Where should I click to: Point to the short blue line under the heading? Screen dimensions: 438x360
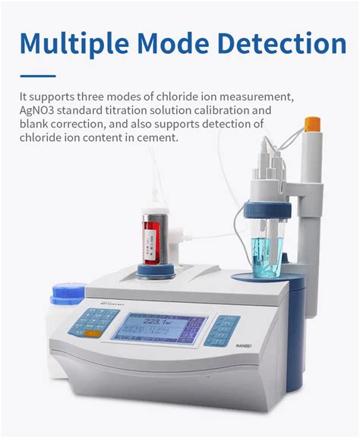click(x=37, y=75)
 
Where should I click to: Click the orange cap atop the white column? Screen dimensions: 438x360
click(x=311, y=122)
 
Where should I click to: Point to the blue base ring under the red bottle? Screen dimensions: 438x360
click(x=156, y=270)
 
